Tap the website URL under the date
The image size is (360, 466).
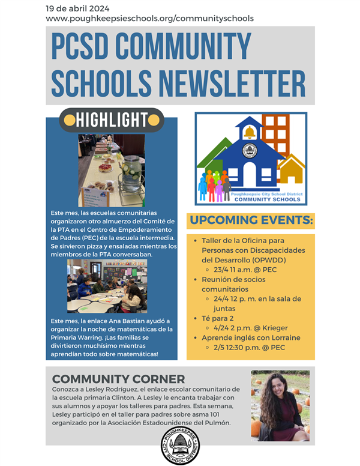[x=149, y=19]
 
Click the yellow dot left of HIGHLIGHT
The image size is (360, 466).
[x=70, y=120]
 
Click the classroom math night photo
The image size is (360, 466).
[x=107, y=294]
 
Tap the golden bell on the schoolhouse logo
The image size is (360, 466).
[x=249, y=132]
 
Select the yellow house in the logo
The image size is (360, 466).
[x=291, y=170]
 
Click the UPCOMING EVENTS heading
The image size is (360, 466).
[x=251, y=220]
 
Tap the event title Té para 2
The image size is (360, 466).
[x=218, y=318]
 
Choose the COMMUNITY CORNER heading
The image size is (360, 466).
[x=118, y=379]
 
